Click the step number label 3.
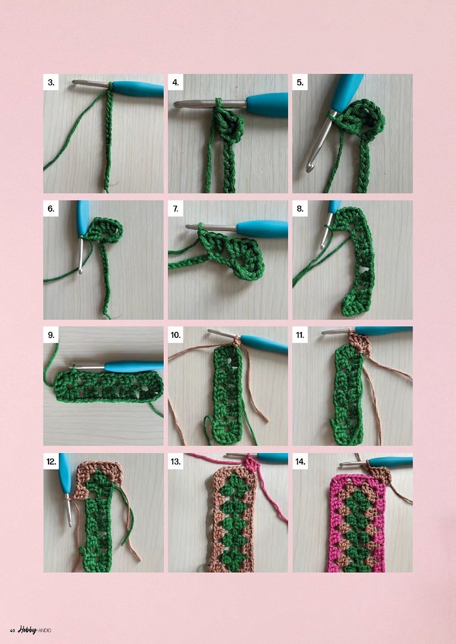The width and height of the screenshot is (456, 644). [51, 82]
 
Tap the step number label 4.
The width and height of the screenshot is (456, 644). [176, 82]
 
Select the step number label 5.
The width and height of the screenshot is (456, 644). [300, 82]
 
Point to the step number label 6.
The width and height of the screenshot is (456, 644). [51, 209]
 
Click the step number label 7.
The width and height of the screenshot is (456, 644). [176, 209]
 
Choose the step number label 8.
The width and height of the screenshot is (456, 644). [300, 209]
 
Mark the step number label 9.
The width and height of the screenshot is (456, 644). [51, 335]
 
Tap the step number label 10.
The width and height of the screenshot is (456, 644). [176, 335]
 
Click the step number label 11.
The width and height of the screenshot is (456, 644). [300, 335]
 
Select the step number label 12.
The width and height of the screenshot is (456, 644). [51, 461]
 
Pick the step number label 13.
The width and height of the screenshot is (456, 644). [176, 461]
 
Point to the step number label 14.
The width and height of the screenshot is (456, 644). [300, 461]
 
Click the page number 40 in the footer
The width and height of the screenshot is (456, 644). [12, 630]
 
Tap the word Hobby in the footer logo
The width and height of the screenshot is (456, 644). [27, 629]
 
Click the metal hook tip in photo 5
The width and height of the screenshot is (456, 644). [309, 168]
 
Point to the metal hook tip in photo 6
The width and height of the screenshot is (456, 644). [80, 270]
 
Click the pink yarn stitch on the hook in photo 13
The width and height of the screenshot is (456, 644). [250, 462]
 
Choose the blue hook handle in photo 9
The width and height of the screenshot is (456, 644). [134, 367]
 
